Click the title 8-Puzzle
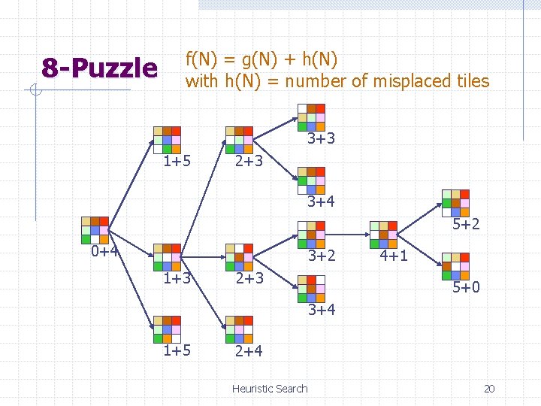click(99, 69)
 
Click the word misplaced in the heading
click(389, 81)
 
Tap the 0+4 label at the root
click(105, 251)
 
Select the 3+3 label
click(321, 139)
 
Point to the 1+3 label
click(177, 279)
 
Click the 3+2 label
click(321, 256)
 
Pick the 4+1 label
click(394, 256)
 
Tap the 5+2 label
click(466, 224)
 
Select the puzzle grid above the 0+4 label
click(95, 230)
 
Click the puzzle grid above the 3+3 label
click(311, 117)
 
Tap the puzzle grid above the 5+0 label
click(455, 265)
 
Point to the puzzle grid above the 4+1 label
click(383, 234)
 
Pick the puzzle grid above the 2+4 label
click(240, 329)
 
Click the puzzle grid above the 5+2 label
click(455, 202)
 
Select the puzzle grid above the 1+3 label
click(167, 257)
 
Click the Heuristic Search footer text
click(270, 389)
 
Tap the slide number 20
click(489, 389)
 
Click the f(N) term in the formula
click(203, 59)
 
